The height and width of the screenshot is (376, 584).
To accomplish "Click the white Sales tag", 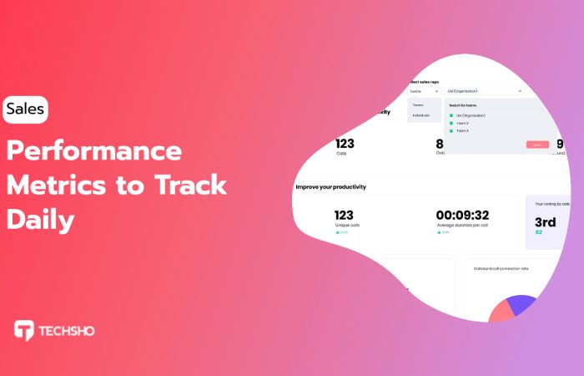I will [25, 109].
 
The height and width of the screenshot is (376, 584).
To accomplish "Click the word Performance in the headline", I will [94, 151].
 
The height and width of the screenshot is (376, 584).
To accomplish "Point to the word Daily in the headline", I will [41, 219].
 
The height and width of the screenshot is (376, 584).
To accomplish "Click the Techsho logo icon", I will [23, 330].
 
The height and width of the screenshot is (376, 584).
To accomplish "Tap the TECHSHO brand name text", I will [67, 331].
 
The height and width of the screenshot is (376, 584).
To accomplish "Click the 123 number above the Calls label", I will [344, 144].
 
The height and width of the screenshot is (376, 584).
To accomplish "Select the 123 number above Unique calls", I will [344, 215].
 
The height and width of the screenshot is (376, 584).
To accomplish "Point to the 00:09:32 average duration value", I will [462, 215].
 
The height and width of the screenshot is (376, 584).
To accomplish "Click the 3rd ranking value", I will [545, 221].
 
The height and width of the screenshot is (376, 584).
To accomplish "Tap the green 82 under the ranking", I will [538, 232].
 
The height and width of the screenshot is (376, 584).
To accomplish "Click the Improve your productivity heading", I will [330, 186].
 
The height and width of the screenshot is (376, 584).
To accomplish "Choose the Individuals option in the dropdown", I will [421, 114].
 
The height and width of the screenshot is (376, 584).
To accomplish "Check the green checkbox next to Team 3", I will [451, 131].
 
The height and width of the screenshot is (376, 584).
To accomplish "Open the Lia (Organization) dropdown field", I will [484, 90].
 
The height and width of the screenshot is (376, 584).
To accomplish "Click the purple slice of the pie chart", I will [521, 303].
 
